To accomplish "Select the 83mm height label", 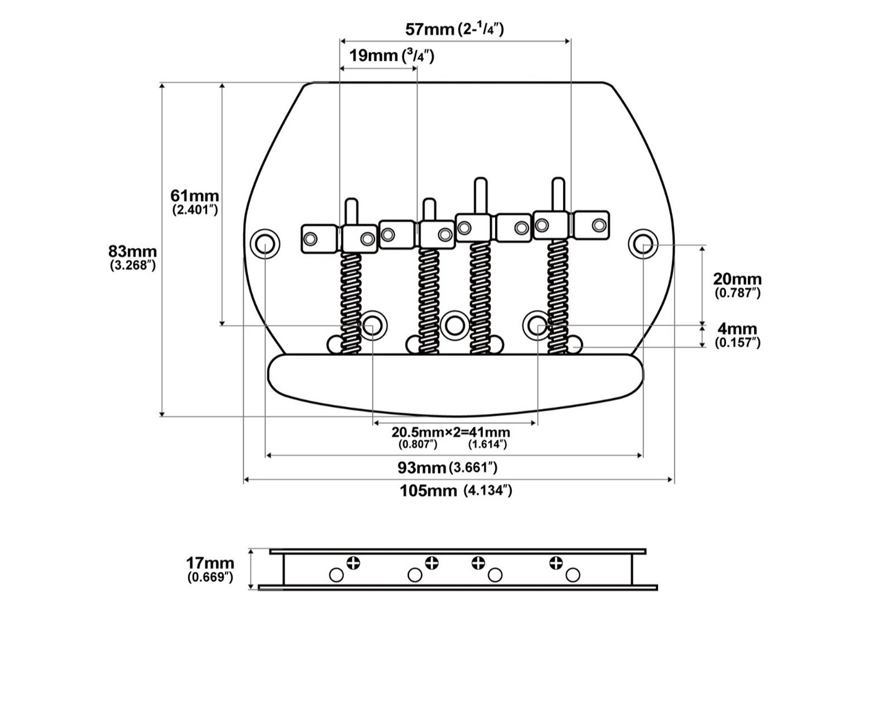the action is point(132,251).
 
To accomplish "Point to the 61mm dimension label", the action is point(195,196).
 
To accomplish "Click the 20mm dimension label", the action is point(737,279).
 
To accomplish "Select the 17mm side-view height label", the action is point(209,562).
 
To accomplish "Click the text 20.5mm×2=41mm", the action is point(451,432).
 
